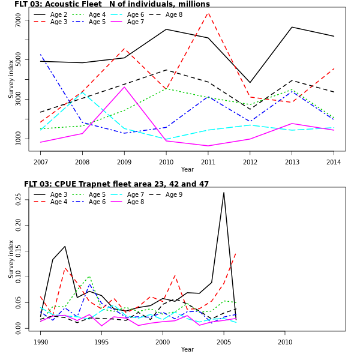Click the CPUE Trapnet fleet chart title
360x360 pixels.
pyautogui.click(x=116, y=184)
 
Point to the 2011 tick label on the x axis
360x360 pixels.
pyautogui.click(x=208, y=162)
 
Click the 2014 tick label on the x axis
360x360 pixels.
pyautogui.click(x=334, y=162)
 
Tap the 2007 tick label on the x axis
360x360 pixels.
pyautogui.click(x=40, y=162)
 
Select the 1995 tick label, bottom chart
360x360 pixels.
pyautogui.click(x=102, y=342)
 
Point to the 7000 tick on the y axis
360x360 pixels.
pyautogui.click(x=19, y=20)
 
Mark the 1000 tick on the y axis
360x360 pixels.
pyautogui.click(x=19, y=139)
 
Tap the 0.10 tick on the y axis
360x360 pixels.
pyautogui.click(x=19, y=278)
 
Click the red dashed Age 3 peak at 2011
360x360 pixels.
pyautogui.click(x=208, y=13)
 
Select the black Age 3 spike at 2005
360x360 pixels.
pyautogui.click(x=224, y=193)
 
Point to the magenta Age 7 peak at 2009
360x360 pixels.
pyautogui.click(x=124, y=87)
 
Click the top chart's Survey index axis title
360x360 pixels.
pyautogui.click(x=11, y=79)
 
